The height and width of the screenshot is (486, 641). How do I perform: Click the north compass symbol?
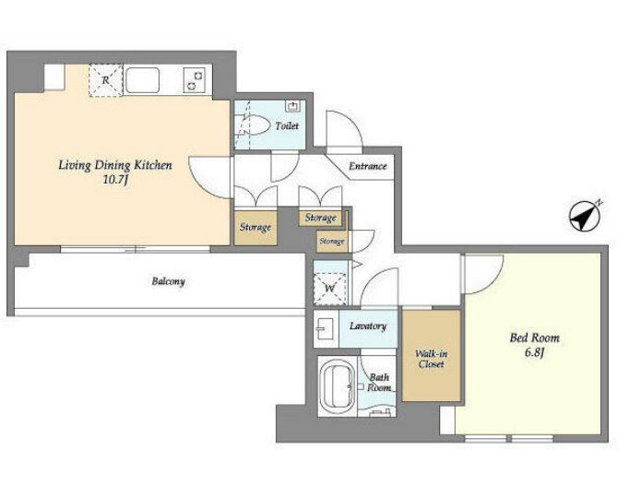pos(586,216)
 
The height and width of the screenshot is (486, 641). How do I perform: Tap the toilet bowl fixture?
pos(254,124)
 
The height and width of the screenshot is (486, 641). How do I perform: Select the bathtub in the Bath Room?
pos(337,385)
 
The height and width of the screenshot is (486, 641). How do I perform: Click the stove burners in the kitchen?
pos(195,80)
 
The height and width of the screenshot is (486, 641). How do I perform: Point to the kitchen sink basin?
pos(142,80)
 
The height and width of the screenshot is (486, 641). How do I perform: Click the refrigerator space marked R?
pos(106,80)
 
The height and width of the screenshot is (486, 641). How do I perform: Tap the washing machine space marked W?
pos(329,289)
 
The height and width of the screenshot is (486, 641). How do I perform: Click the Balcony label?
pos(168,281)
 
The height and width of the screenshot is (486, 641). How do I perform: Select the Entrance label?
pos(367,166)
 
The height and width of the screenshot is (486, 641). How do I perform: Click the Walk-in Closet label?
pos(431,359)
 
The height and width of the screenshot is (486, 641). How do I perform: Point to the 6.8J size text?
pos(534,352)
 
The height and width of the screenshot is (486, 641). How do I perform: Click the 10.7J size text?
pos(115,179)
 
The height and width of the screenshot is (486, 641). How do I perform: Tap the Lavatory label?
pos(368,326)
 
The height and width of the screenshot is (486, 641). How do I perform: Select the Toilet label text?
pos(287,126)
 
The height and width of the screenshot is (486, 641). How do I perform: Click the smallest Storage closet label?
pos(331,242)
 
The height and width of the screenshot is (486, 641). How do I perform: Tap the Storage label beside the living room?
pos(255,227)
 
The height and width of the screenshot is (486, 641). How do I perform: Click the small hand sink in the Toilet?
pos(293,106)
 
